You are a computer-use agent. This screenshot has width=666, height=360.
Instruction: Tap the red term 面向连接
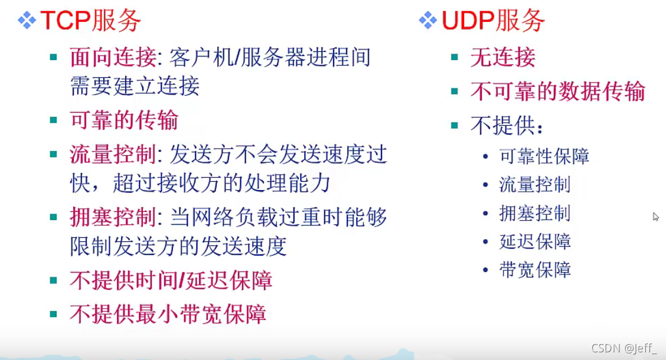(x=112, y=57)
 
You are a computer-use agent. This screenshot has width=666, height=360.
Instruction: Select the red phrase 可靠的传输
(x=124, y=120)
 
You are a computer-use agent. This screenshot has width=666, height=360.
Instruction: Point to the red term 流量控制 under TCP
(x=112, y=155)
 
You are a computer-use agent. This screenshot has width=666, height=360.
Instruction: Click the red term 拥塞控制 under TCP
(x=112, y=218)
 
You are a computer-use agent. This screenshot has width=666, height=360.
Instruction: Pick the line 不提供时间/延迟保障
(x=171, y=280)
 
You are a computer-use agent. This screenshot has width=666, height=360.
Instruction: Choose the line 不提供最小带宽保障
(x=168, y=313)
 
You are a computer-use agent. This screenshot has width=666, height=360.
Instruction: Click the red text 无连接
(x=502, y=57)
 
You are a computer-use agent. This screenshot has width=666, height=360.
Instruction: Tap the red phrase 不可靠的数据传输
(x=557, y=91)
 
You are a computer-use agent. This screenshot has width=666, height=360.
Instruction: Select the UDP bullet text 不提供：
(x=507, y=125)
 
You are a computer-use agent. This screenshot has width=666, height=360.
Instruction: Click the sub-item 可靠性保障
(x=544, y=156)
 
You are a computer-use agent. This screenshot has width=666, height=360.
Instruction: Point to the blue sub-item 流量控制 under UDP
(x=534, y=185)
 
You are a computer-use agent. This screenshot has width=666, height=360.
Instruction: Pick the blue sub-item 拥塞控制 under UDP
(x=534, y=213)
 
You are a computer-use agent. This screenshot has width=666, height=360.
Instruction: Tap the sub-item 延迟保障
(x=534, y=242)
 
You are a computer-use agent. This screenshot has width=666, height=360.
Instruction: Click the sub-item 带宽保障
(x=534, y=270)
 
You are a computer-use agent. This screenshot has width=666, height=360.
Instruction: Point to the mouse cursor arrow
(x=655, y=217)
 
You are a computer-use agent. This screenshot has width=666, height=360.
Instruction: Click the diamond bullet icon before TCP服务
(x=27, y=21)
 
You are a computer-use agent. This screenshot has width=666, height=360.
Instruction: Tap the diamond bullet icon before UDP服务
(x=427, y=21)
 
